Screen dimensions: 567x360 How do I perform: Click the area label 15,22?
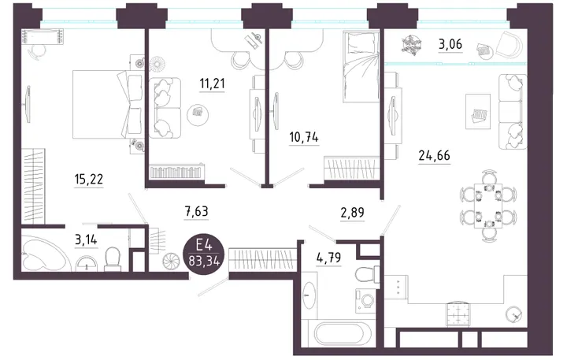tap(88, 179)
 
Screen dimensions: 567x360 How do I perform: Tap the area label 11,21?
tap(213, 84)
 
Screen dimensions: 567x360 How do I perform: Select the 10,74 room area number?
tap(304, 137)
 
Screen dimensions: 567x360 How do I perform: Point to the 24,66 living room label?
tap(434, 155)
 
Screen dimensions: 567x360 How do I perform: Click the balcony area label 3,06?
tap(450, 44)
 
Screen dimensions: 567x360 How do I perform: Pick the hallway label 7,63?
tap(196, 211)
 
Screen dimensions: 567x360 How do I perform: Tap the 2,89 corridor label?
tap(352, 213)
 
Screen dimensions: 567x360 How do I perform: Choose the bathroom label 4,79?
tap(328, 258)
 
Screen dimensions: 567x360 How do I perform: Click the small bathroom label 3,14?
tap(86, 239)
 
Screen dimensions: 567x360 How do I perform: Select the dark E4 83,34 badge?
tap(204, 254)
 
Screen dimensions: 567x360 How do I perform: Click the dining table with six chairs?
tap(488, 206)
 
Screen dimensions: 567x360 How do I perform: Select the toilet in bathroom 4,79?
tap(367, 275)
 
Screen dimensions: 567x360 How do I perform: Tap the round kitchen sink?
tap(513, 314)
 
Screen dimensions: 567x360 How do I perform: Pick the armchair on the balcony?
tap(510, 44)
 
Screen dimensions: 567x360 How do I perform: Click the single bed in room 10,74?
tap(361, 66)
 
